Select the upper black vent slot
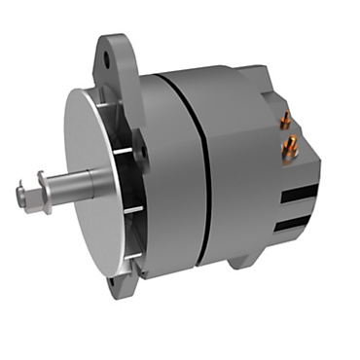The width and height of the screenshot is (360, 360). tap(301, 193)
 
